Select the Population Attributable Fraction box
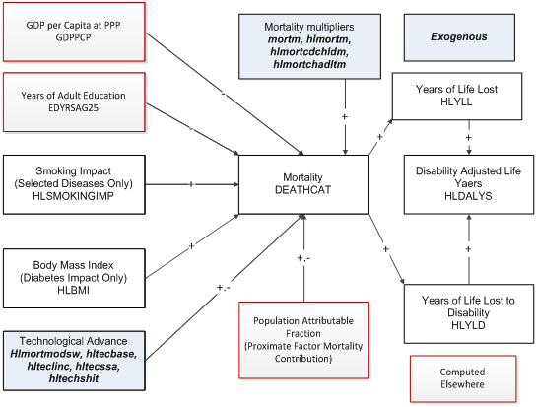click(x=303, y=335)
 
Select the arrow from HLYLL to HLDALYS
click(x=467, y=136)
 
